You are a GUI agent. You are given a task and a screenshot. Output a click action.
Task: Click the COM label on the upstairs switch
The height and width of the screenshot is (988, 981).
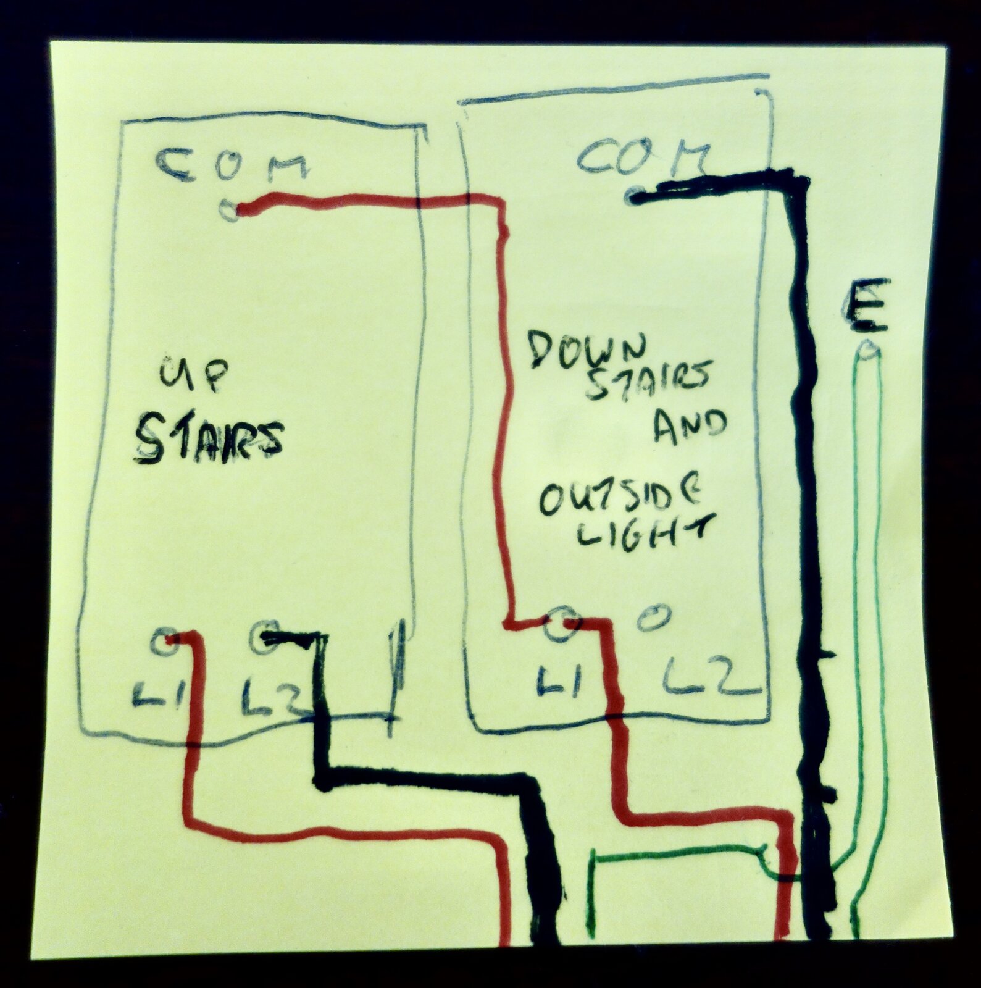232,165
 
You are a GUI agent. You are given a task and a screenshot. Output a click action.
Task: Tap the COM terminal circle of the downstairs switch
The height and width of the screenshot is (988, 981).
635,198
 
